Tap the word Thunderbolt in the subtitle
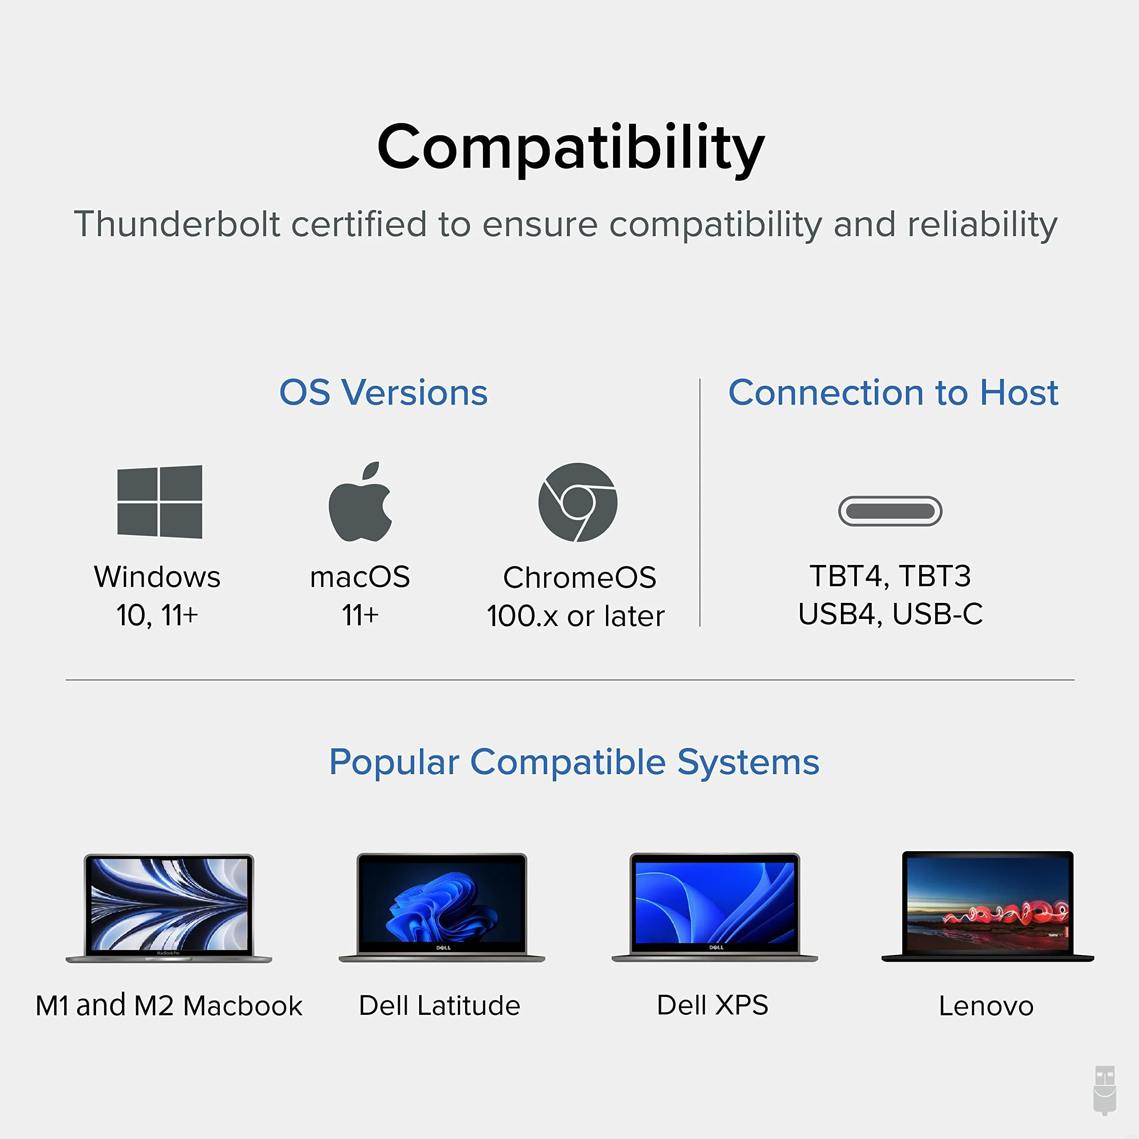click(177, 224)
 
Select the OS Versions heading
click(383, 392)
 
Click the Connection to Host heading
click(893, 392)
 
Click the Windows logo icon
click(160, 502)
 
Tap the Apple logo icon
click(360, 502)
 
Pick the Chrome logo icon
click(578, 502)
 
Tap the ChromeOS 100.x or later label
click(576, 597)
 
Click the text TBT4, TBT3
click(890, 576)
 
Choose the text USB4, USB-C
click(890, 614)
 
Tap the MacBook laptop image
click(169, 908)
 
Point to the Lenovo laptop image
click(987, 907)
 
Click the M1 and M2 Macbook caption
click(169, 1005)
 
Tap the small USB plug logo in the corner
click(1105, 1090)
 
